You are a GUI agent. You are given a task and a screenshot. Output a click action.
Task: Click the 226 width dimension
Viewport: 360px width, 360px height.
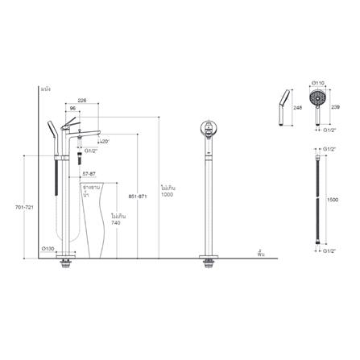click(x=82, y=101)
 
